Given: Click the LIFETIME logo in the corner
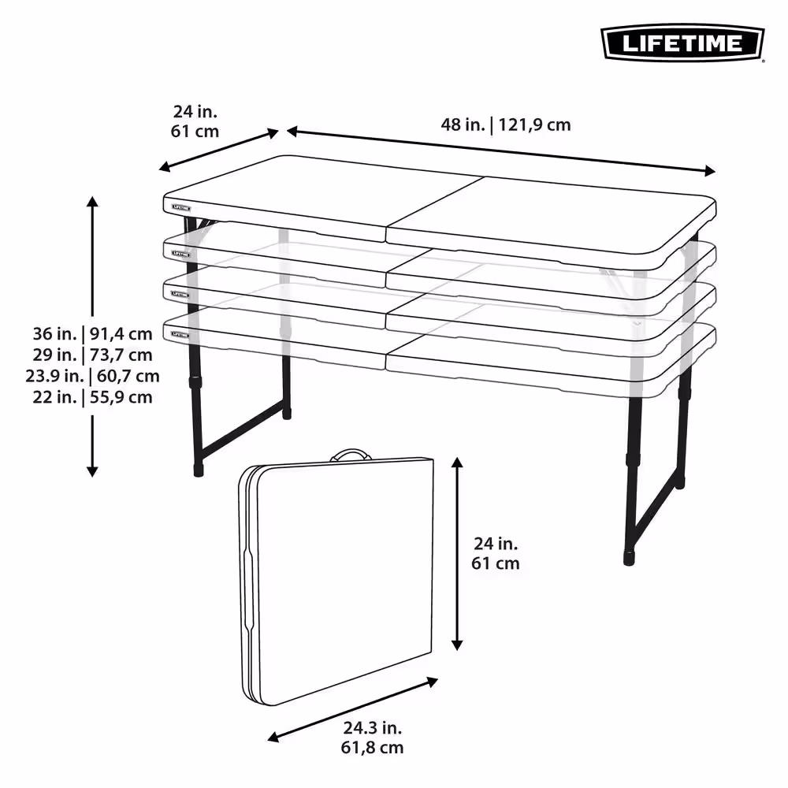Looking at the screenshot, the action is point(682,43).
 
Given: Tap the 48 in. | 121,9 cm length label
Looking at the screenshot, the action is point(506,125).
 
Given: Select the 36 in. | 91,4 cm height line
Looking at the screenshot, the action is point(92,333).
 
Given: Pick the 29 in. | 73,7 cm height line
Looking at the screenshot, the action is point(92,355).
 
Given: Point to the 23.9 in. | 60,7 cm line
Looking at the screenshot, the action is point(92,376).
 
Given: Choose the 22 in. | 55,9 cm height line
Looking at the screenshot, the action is point(92,397).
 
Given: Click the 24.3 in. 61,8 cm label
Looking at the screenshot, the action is point(372,738).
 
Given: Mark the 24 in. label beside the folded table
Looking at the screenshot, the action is point(496,553).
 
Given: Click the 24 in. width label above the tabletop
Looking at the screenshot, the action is point(195,121).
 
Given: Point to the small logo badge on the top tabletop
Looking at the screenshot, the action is point(181,207).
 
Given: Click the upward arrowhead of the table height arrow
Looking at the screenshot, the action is point(92,202).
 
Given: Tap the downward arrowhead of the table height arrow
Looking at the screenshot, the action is point(92,471).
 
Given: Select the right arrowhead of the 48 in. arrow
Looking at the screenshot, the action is point(710,171).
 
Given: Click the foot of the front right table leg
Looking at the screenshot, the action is point(629,559).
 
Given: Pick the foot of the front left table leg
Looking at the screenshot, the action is point(199,470).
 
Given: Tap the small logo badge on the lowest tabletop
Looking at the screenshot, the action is point(181,335).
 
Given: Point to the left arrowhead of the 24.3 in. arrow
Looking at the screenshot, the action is point(273,737).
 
